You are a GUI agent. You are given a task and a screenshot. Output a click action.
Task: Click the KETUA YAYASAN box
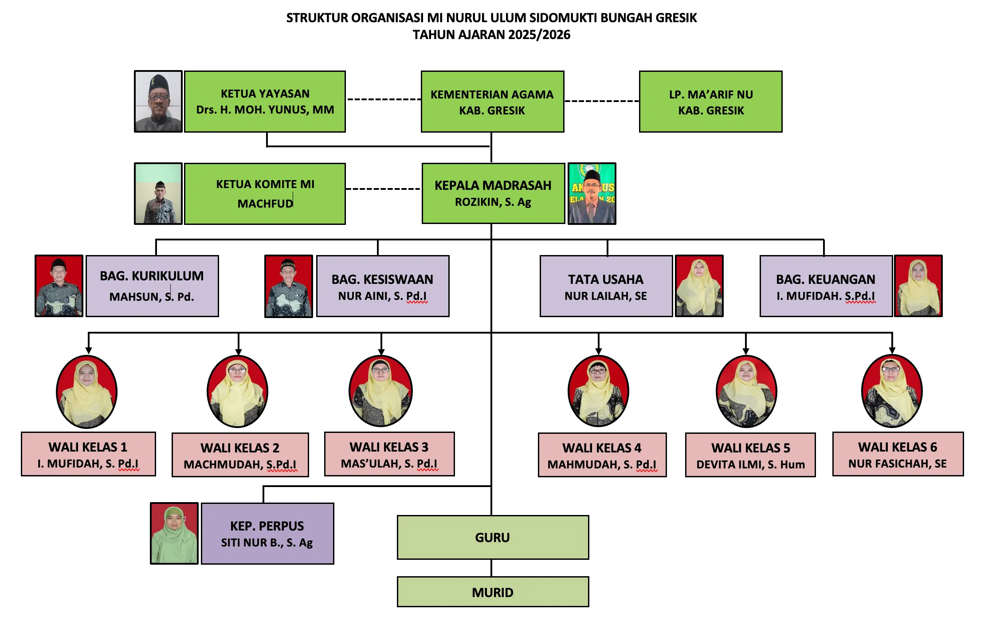tap(265, 102)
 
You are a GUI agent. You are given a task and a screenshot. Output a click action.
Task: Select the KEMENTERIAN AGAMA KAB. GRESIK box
tap(492, 102)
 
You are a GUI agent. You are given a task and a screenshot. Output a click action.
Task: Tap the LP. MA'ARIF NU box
tap(710, 102)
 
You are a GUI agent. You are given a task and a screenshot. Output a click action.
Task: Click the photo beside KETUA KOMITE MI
tap(158, 194)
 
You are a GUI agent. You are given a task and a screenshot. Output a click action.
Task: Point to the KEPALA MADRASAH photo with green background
tap(592, 194)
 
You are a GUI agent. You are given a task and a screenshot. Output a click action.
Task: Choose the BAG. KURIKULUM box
tap(152, 286)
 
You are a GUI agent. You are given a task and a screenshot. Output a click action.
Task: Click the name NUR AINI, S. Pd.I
tap(382, 296)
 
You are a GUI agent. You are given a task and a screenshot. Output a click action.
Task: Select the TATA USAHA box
tap(606, 286)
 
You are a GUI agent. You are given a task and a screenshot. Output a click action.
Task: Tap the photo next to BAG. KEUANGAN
tap(918, 286)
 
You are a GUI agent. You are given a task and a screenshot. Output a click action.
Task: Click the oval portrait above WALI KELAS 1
tap(87, 392)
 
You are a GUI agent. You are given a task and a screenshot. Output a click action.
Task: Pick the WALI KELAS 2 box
tap(240, 455)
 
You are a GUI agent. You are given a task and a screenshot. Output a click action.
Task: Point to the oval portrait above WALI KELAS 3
tap(380, 392)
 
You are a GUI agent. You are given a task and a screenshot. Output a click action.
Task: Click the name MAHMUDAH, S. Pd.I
tap(602, 464)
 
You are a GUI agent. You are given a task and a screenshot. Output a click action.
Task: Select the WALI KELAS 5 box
tap(750, 455)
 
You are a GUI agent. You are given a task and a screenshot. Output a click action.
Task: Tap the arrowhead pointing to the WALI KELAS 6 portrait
tap(892, 350)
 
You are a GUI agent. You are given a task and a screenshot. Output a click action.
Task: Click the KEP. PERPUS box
tap(267, 534)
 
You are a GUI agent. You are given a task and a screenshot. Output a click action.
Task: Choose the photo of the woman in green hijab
tap(174, 534)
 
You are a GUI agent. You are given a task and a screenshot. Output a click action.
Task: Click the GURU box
tap(493, 538)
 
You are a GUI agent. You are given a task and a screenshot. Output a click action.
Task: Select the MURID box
tap(493, 592)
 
